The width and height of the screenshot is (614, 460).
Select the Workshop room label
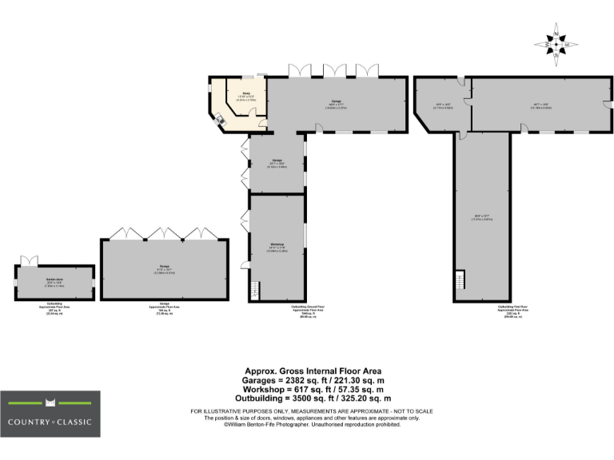click(277, 244)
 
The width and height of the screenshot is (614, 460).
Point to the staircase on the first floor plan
click(460, 281)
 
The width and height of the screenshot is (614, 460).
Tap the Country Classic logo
click(50, 414)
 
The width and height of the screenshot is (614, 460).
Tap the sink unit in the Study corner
click(219, 121)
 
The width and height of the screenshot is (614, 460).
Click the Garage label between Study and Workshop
click(277, 162)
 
